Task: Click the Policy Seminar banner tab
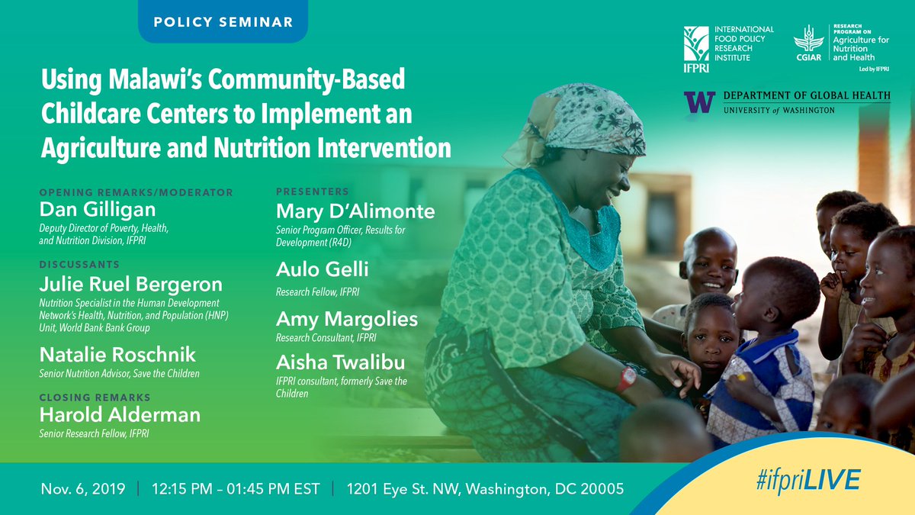223,21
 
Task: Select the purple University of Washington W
699,102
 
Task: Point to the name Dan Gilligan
98,209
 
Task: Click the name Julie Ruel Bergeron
130,284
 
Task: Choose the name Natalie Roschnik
117,354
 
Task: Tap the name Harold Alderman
120,414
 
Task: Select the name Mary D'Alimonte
355,211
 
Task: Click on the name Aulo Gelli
322,269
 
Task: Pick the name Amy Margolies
347,319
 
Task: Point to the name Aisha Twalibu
340,362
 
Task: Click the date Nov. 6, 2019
83,488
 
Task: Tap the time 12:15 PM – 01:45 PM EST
236,488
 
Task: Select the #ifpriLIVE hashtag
808,480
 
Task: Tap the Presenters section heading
313,192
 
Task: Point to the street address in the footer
485,488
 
